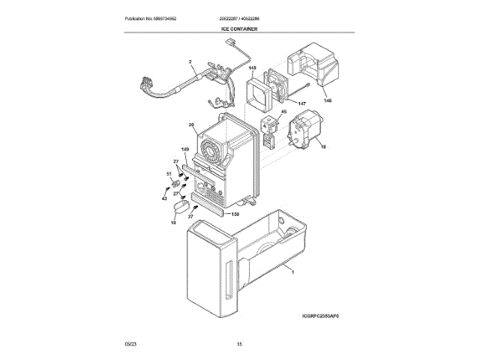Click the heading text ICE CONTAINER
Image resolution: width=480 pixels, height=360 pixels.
[239, 28]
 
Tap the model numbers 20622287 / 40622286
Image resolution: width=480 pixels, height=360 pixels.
[240, 18]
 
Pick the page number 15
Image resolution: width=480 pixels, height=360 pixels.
[239, 344]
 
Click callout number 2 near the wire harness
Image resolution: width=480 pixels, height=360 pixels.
[190, 61]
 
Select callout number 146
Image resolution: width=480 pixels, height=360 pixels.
[327, 100]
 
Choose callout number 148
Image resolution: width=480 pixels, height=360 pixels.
[253, 67]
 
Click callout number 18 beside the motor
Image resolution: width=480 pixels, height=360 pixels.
[323, 148]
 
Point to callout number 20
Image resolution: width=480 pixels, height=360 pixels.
[191, 124]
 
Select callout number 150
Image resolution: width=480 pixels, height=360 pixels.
[235, 214]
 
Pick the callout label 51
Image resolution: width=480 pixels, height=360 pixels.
[169, 173]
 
